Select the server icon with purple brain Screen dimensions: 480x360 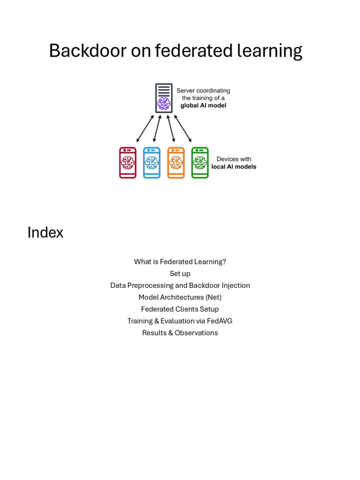(x=164, y=98)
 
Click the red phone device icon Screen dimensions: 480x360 (x=127, y=163)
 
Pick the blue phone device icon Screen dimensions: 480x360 (x=151, y=163)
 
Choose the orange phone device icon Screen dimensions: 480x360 (x=176, y=163)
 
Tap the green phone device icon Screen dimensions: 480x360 (x=200, y=163)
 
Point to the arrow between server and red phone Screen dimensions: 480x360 (x=145, y=128)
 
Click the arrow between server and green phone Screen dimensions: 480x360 (x=183, y=128)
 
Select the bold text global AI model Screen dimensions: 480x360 (x=203, y=105)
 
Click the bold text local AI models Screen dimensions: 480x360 (x=234, y=166)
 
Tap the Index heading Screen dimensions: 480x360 (x=45, y=232)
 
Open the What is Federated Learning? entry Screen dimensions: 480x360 (x=180, y=262)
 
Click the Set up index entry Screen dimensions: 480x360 (x=180, y=274)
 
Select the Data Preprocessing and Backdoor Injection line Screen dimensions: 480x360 (x=180, y=285)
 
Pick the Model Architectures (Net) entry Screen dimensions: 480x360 (x=180, y=297)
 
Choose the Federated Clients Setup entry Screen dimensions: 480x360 (x=180, y=309)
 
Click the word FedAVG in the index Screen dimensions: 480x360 (x=219, y=321)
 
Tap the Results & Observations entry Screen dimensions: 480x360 (x=180, y=333)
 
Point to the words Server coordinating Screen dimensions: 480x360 (x=203, y=90)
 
